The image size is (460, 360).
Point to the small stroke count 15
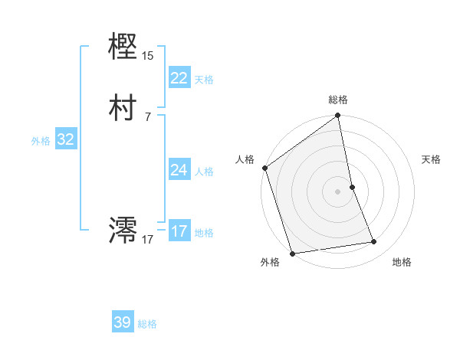(x=148, y=56)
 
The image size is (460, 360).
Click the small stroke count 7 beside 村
(x=147, y=116)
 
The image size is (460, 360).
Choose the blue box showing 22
(x=179, y=77)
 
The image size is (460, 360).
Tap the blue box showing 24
(x=179, y=169)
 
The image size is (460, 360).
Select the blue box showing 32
(x=66, y=139)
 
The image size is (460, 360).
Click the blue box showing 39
(x=123, y=322)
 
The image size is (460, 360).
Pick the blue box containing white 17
(x=179, y=231)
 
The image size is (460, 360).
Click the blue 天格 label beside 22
(x=204, y=80)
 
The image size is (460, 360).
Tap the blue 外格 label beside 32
(x=41, y=141)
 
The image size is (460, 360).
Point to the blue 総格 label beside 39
(x=147, y=324)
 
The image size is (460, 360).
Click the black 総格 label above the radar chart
(x=338, y=100)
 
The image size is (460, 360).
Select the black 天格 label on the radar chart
(x=432, y=159)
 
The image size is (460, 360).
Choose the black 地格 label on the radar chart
(x=402, y=262)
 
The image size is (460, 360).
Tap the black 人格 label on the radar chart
(x=245, y=159)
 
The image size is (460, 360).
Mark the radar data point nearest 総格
(x=338, y=116)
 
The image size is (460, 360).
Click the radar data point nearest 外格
(x=291, y=253)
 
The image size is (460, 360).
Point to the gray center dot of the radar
(x=338, y=191)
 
